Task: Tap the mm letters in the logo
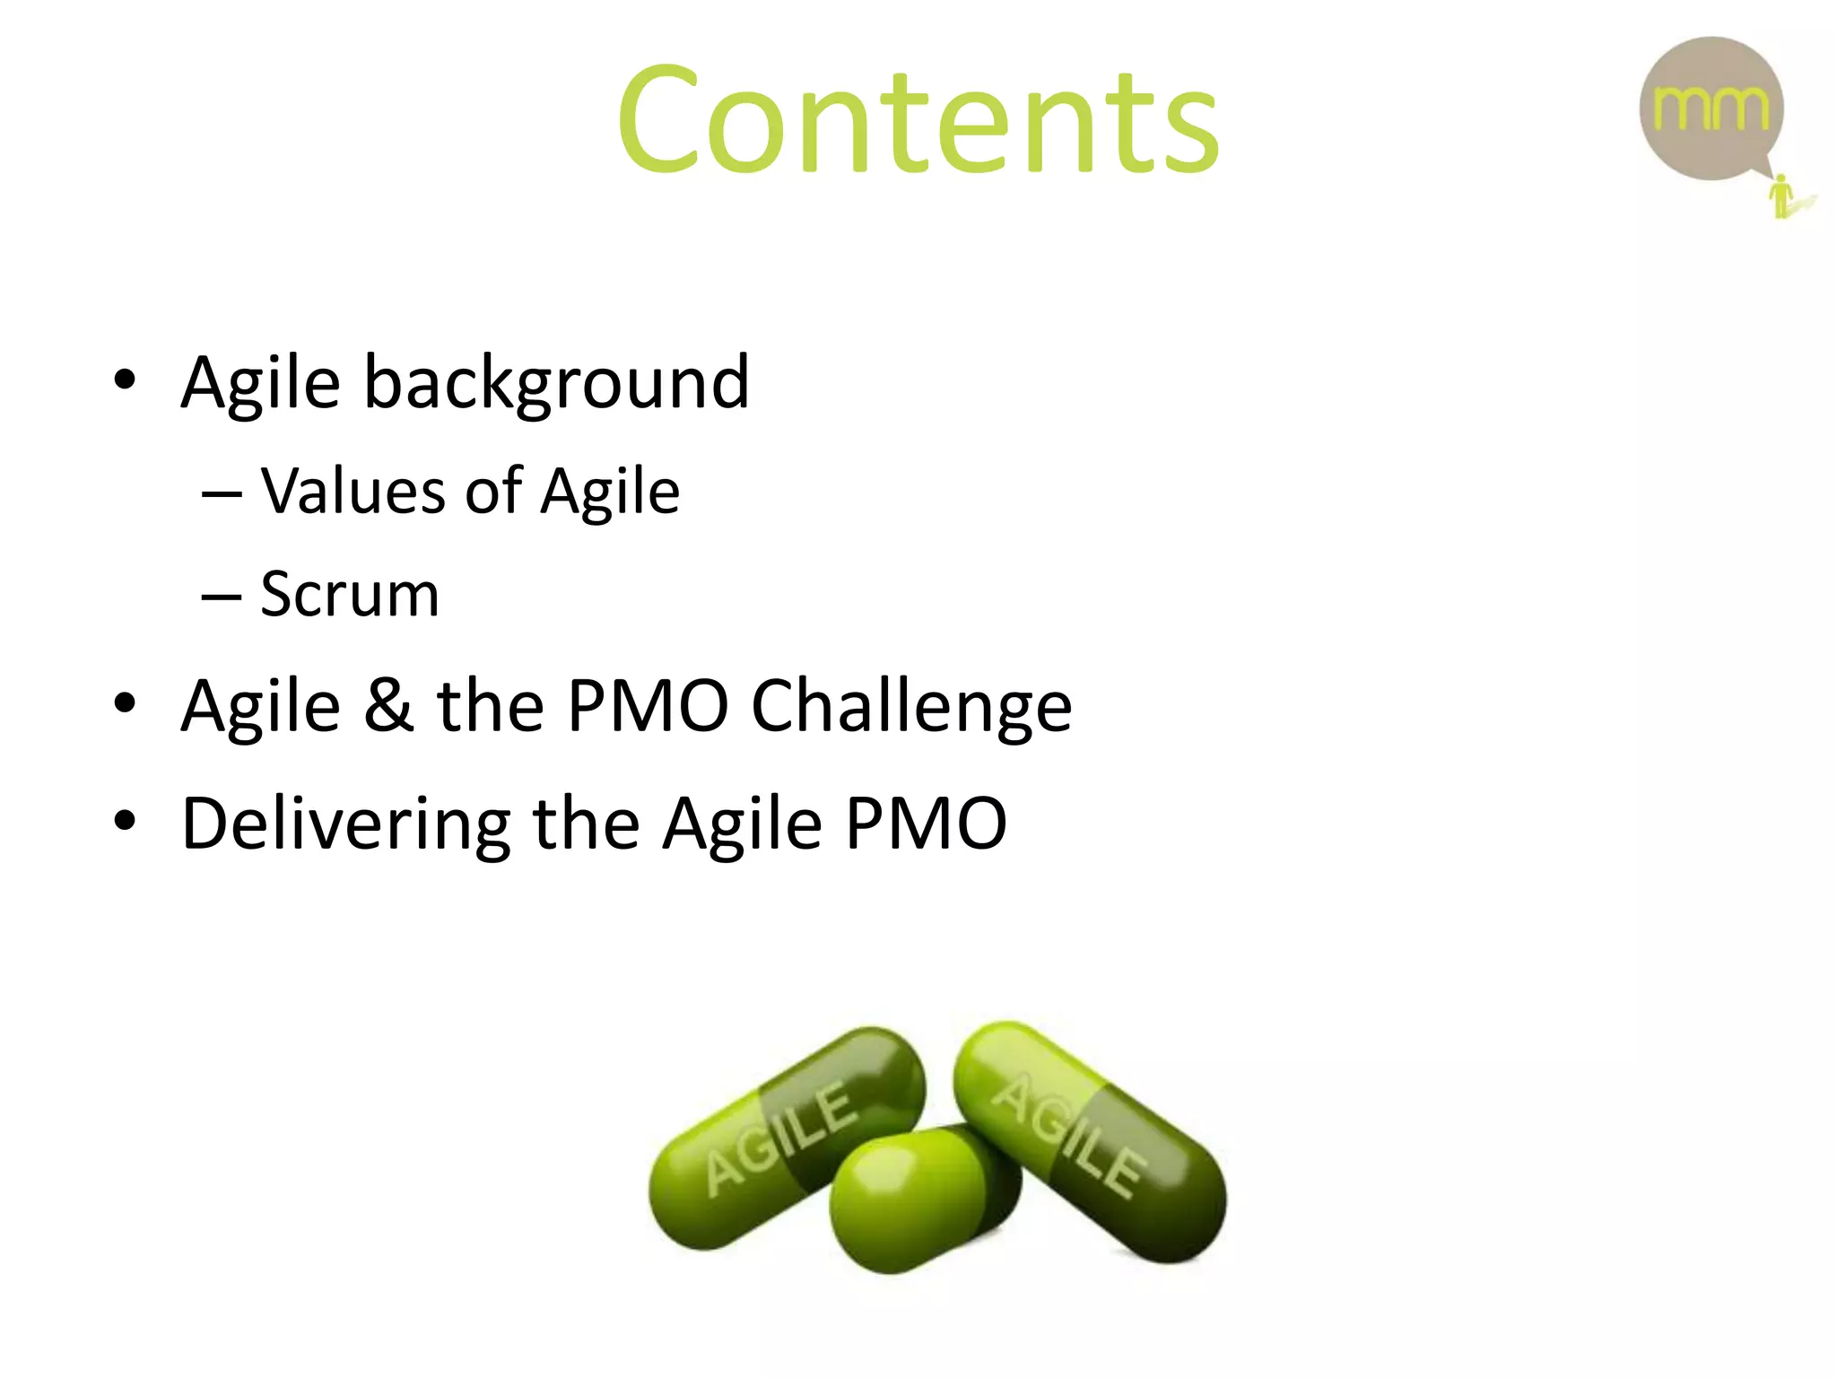(x=1711, y=109)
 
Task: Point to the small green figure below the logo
(x=1782, y=196)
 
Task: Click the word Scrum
(x=350, y=594)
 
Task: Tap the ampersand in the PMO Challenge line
(x=388, y=705)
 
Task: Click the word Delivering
(x=345, y=824)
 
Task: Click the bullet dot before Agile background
(x=125, y=380)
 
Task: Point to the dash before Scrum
(x=222, y=596)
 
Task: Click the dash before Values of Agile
(x=222, y=493)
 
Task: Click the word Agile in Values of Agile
(x=610, y=493)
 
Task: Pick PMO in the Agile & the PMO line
(x=648, y=705)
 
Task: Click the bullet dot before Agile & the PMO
(x=125, y=702)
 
